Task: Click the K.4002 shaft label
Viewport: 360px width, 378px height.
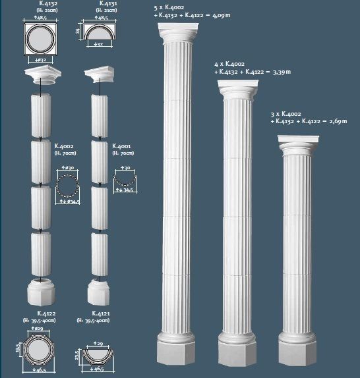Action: point(63,146)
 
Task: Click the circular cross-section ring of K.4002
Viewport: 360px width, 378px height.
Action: point(67,187)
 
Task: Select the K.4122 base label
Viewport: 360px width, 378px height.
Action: point(45,313)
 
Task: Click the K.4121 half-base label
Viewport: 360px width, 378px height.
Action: point(101,313)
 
